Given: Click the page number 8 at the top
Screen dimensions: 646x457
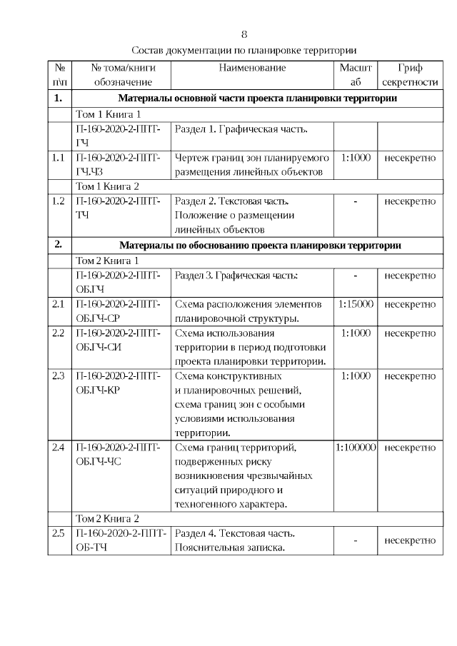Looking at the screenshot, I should pyautogui.click(x=244, y=34).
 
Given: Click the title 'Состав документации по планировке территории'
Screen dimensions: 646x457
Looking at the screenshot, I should pyautogui.click(x=244, y=51).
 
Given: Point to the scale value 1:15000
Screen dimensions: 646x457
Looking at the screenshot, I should pyautogui.click(x=356, y=305).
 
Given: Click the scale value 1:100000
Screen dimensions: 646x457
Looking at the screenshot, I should pyautogui.click(x=356, y=448).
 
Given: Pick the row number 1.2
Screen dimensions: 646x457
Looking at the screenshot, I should pyautogui.click(x=59, y=201).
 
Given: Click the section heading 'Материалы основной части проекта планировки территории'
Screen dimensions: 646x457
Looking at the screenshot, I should pyautogui.click(x=257, y=99).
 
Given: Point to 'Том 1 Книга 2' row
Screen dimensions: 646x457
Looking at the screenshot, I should pyautogui.click(x=107, y=187).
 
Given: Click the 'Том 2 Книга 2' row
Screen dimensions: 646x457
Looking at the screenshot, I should pyautogui.click(x=107, y=519).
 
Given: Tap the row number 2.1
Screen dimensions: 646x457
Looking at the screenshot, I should pyautogui.click(x=59, y=305).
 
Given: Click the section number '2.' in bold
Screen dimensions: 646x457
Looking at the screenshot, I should pyautogui.click(x=59, y=246).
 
